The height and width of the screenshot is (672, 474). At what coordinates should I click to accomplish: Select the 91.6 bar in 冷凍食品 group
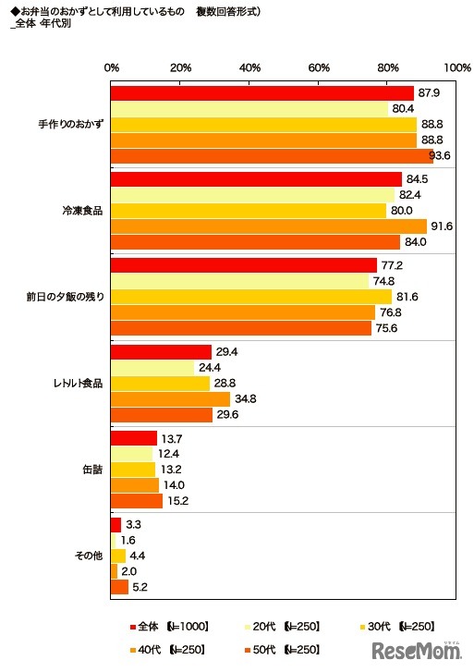tap(269, 226)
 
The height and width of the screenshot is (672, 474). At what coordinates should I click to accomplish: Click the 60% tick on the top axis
tap(319, 67)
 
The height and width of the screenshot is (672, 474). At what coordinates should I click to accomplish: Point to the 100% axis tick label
tap(456, 67)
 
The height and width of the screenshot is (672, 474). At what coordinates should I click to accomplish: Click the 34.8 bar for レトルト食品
tap(171, 398)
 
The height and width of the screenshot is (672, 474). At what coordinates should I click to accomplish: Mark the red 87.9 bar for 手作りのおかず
tap(262, 93)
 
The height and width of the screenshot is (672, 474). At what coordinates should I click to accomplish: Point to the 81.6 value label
tap(407, 297)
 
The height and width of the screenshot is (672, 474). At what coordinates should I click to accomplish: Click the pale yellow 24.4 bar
tap(152, 367)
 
